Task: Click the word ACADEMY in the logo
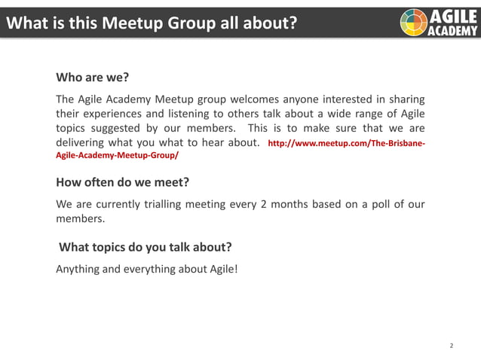(452, 30)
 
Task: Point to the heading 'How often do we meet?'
(122, 182)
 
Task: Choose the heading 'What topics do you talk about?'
(145, 247)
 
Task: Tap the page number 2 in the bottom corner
(451, 346)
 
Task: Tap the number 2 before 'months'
(263, 205)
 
